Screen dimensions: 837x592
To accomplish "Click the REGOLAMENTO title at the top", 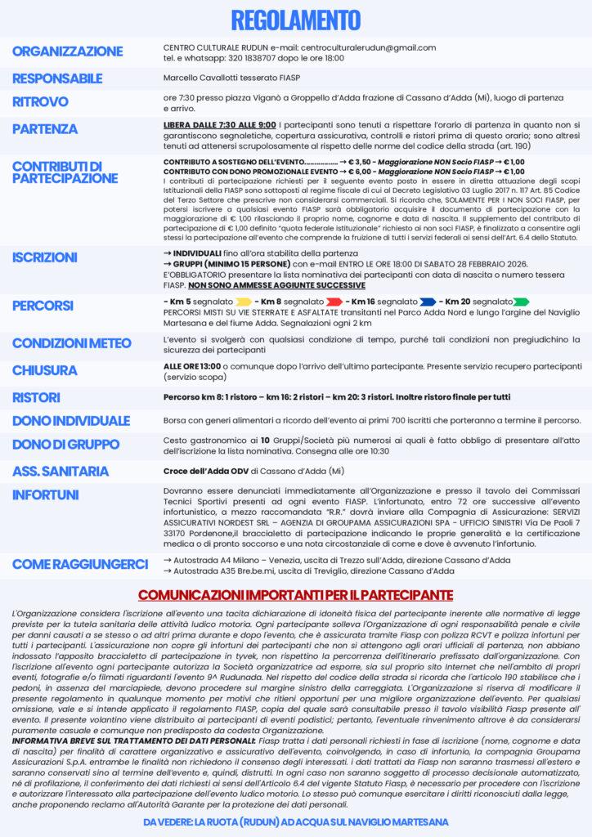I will pos(295,20).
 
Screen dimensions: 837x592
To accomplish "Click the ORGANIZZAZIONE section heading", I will pos(68,51).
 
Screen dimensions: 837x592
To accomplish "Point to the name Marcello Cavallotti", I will pos(200,79).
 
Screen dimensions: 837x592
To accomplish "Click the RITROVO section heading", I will pos(40,102).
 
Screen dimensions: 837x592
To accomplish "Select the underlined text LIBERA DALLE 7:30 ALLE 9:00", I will pos(208,125).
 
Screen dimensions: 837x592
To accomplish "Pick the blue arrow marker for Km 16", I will pos(428,302).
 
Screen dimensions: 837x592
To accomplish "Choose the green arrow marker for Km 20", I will pos(520,302).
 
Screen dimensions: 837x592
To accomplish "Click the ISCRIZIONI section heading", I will pos(45,257).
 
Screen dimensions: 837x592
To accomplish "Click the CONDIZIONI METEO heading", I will pos(72,343).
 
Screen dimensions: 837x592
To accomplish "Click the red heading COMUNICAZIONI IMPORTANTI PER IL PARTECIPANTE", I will pos(295,594).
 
